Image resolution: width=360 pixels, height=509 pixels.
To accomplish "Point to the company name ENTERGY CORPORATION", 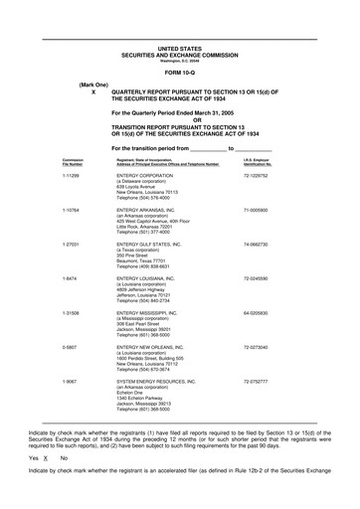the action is [144, 174].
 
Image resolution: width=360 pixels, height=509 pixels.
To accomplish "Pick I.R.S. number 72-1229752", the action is [258, 174].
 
